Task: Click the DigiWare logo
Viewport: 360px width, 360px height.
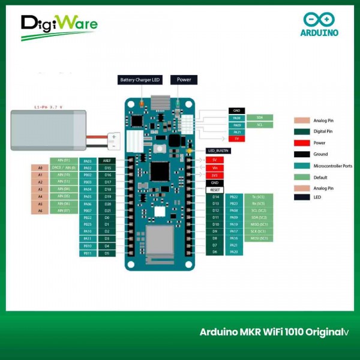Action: [x=59, y=26]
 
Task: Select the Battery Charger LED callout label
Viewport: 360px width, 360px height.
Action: [x=140, y=80]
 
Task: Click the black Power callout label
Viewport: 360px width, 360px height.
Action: [x=184, y=80]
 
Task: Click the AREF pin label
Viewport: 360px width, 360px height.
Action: [x=107, y=161]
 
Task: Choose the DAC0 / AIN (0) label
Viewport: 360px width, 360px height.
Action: [x=64, y=167]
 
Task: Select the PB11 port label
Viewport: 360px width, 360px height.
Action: [x=88, y=253]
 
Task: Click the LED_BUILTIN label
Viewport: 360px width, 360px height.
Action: [x=219, y=151]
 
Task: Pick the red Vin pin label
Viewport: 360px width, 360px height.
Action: [x=215, y=168]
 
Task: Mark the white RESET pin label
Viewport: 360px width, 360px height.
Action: [x=215, y=190]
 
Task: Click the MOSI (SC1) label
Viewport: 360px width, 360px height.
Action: [x=259, y=238]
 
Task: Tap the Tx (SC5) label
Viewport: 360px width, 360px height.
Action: [x=259, y=197]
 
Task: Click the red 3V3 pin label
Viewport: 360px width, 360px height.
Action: [x=215, y=175]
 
